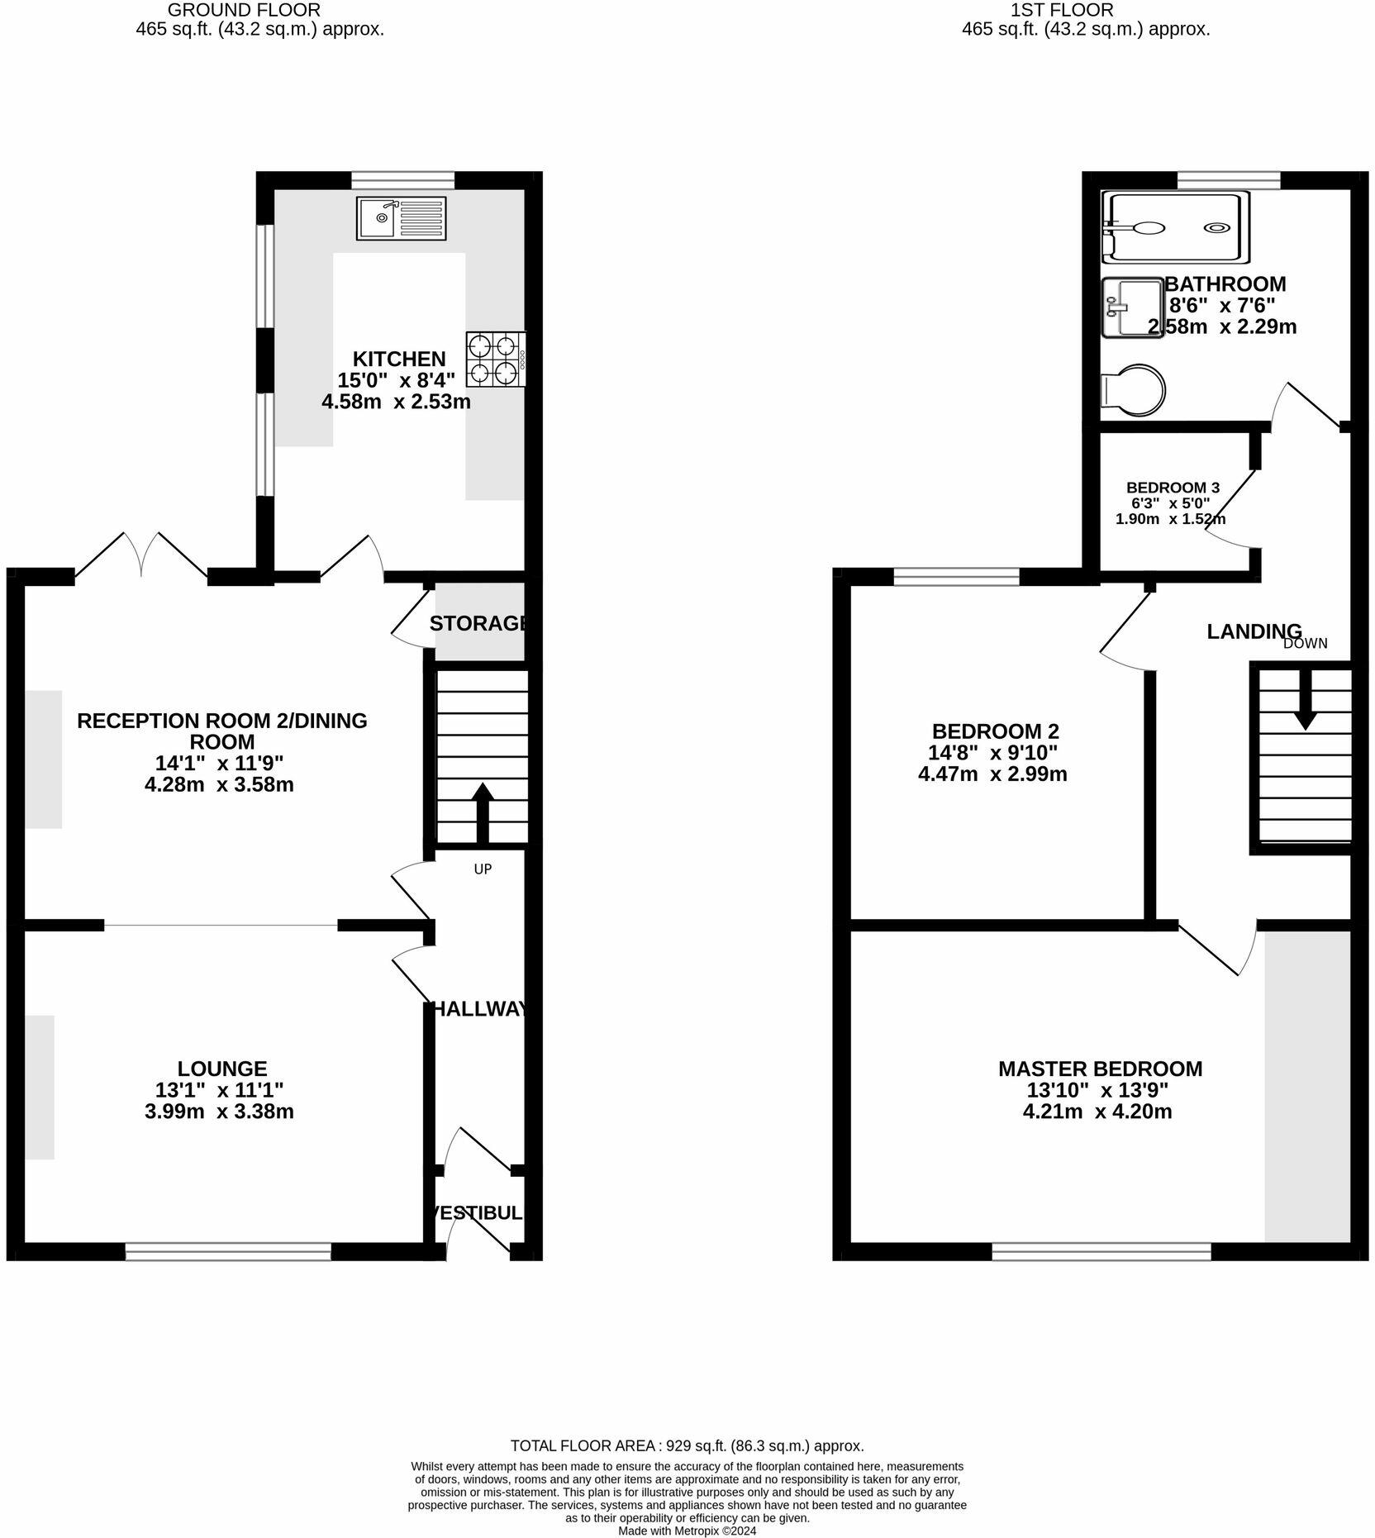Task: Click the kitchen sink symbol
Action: coord(401,218)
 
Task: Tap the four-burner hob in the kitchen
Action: coord(495,360)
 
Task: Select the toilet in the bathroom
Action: coord(1134,388)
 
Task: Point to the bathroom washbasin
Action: coord(1132,307)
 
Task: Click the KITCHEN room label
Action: coord(399,359)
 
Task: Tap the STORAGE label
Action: coord(478,623)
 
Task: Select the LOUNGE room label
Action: coord(222,1069)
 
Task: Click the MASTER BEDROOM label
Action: coord(1100,1069)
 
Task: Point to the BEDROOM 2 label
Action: coord(995,731)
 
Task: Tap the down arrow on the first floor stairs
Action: coord(1305,702)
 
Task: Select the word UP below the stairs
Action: coord(483,869)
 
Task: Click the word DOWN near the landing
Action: coord(1305,644)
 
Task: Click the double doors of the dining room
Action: coord(141,555)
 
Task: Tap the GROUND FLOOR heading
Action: coord(244,10)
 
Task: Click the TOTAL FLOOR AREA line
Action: coord(687,1445)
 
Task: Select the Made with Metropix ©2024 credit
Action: coord(687,1531)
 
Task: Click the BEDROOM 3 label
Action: coord(1173,488)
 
